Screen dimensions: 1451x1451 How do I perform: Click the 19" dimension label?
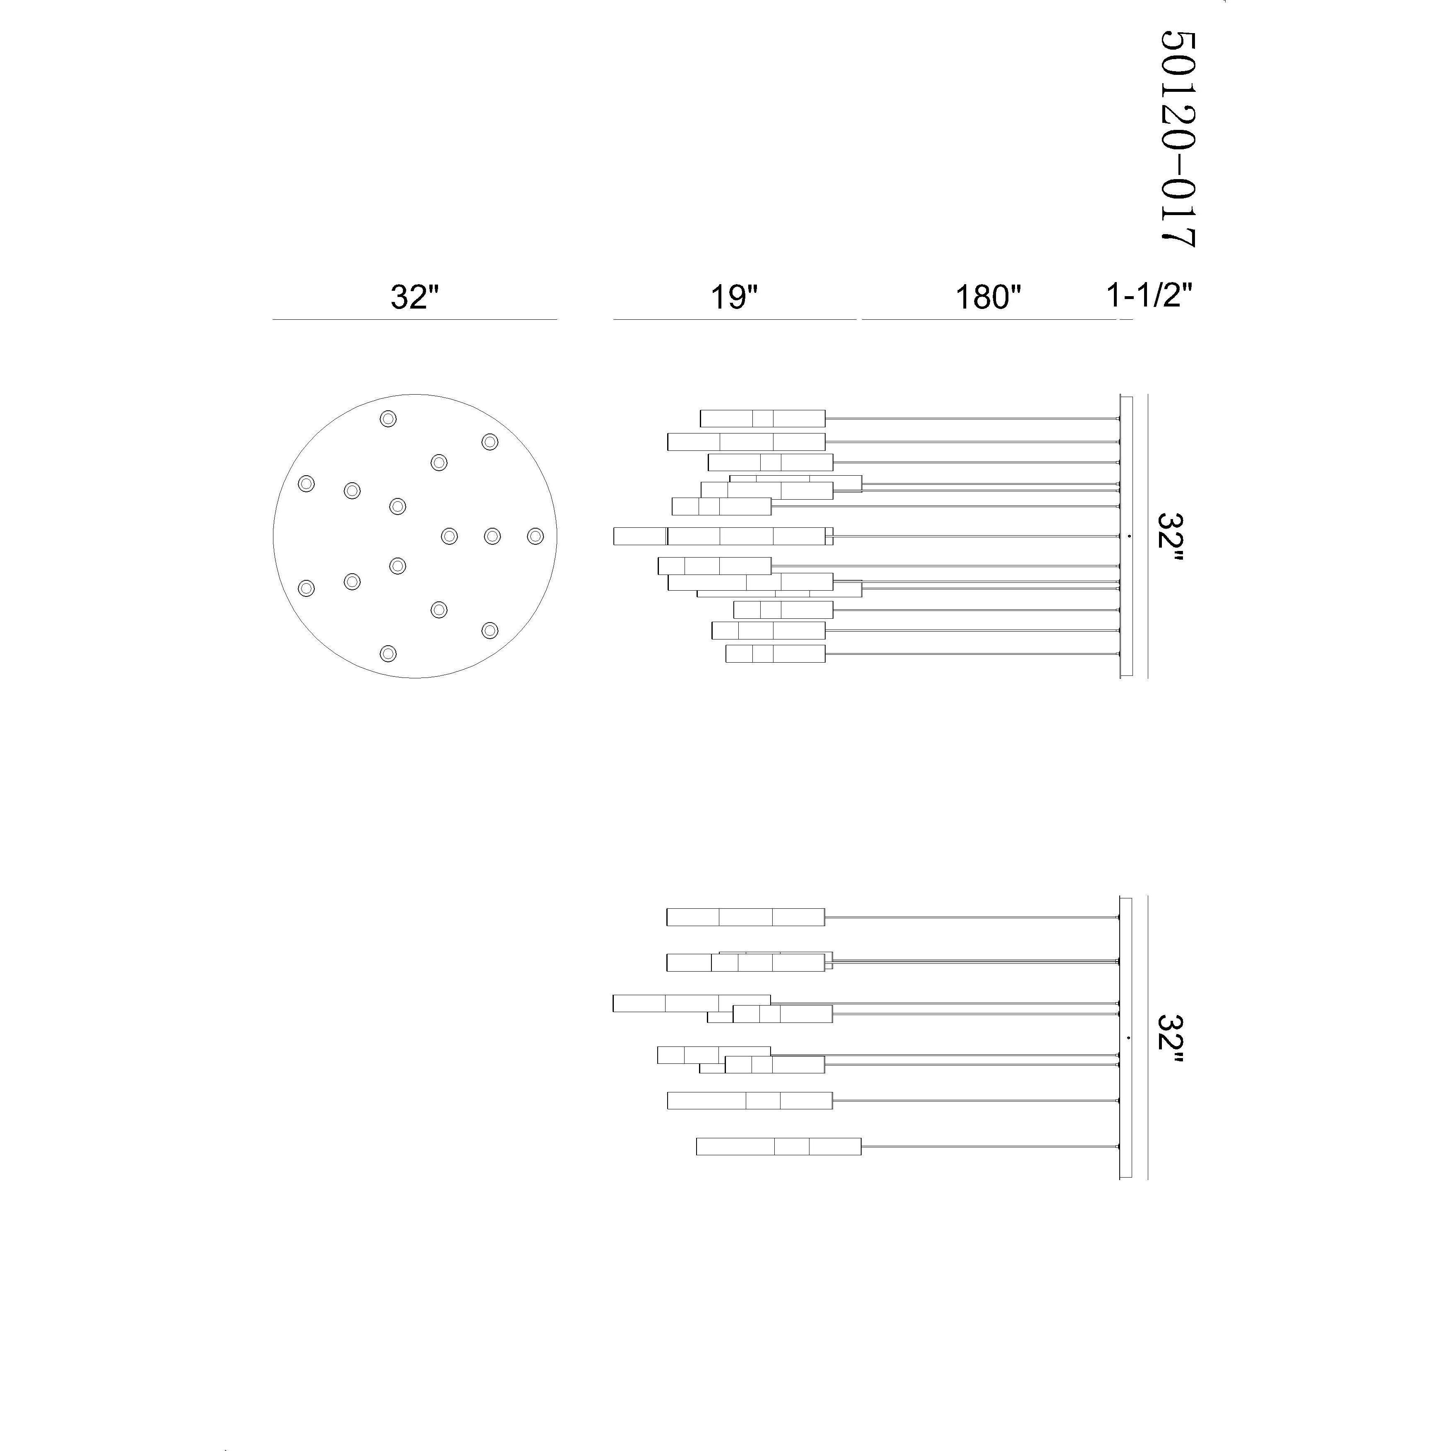pyautogui.click(x=735, y=297)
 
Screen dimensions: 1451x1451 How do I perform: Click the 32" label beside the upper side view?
pyautogui.click(x=1170, y=536)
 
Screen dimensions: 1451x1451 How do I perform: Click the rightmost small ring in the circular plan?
pyautogui.click(x=535, y=536)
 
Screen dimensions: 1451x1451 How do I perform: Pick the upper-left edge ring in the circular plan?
pyautogui.click(x=306, y=484)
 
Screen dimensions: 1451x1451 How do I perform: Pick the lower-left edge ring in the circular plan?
pyautogui.click(x=306, y=588)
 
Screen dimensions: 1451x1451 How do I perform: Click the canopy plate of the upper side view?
pyautogui.click(x=1126, y=536)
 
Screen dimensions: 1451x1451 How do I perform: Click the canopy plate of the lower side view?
pyautogui.click(x=1126, y=1038)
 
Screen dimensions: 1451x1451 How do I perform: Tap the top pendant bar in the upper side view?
pyautogui.click(x=762, y=418)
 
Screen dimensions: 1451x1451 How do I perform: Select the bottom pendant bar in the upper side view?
pyautogui.click(x=775, y=654)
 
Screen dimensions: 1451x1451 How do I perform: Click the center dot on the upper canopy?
pyautogui.click(x=1129, y=536)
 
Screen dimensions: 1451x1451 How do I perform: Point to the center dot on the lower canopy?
pyautogui.click(x=1129, y=1038)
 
